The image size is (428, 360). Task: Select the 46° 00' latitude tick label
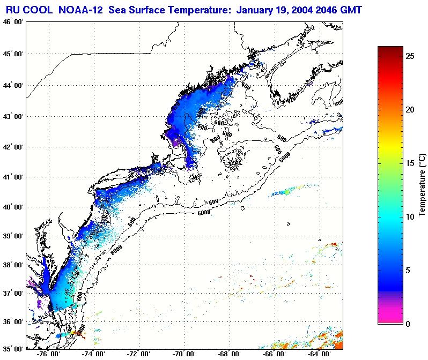click(x=13, y=22)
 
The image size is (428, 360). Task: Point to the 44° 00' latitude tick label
click(x=13, y=85)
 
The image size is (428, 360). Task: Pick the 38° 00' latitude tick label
click(x=13, y=265)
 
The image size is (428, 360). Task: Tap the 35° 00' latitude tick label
click(x=13, y=349)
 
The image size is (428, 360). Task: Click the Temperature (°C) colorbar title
click(x=423, y=185)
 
